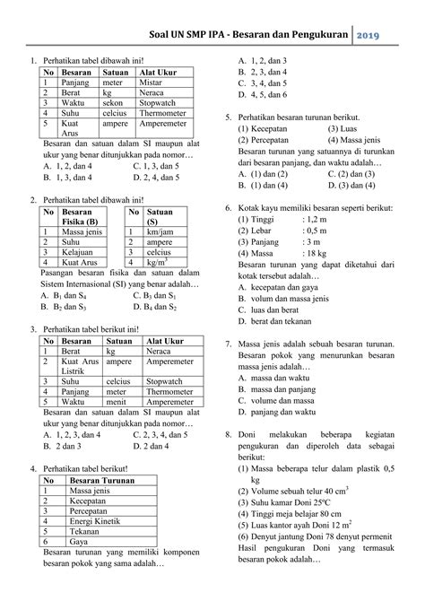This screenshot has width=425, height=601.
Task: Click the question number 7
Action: coord(229,344)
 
